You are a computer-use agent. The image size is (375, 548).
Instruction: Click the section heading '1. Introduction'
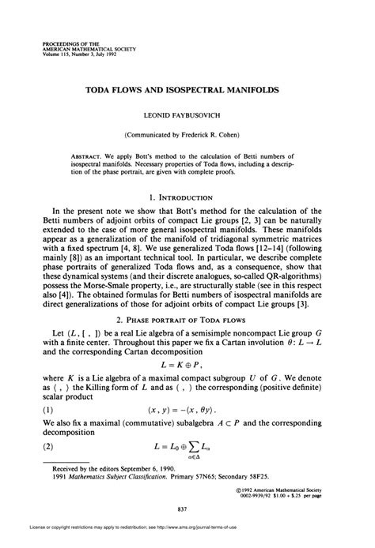(x=187, y=196)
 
